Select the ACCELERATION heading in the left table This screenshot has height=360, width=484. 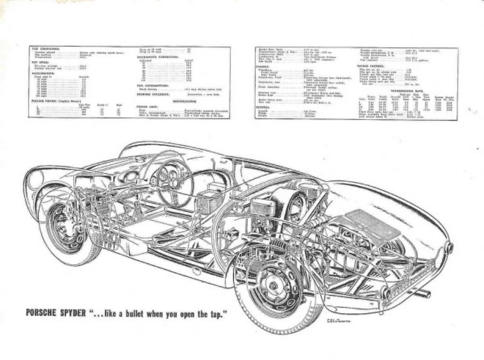point(42,73)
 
